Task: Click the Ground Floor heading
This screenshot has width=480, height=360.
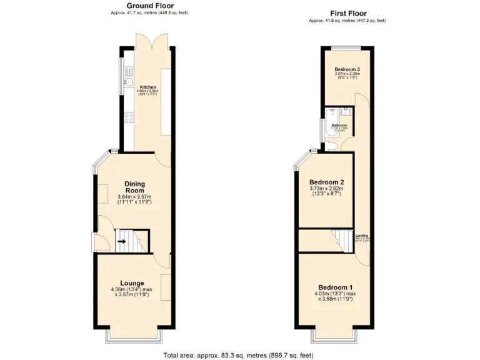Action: pos(149,6)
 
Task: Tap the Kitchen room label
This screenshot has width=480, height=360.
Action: pos(148,87)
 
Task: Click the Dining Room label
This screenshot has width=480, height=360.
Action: pos(135,187)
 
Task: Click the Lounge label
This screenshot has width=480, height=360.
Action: pos(132,283)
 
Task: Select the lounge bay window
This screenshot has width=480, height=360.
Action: pos(133,336)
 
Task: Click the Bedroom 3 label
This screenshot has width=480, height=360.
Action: pos(347,69)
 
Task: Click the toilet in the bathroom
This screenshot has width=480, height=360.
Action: pos(332,145)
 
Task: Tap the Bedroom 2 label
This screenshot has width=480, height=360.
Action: pos(326,182)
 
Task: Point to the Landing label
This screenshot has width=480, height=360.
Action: pos(361,236)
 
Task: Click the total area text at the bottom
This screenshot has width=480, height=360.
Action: pos(239,354)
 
